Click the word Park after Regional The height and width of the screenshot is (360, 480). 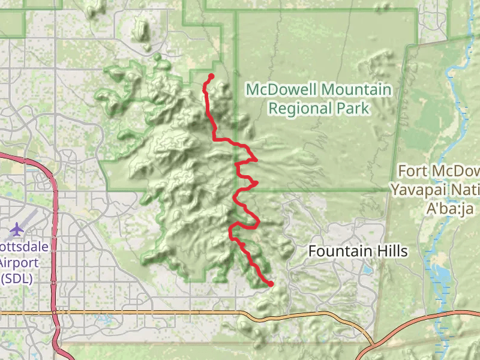[353, 109]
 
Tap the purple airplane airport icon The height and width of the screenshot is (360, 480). [17, 229]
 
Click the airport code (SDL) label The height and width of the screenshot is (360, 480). [17, 278]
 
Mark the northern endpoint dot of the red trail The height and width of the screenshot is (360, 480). [211, 76]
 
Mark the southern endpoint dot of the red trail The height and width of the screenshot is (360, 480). [271, 284]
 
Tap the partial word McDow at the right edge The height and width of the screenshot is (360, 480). [460, 172]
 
